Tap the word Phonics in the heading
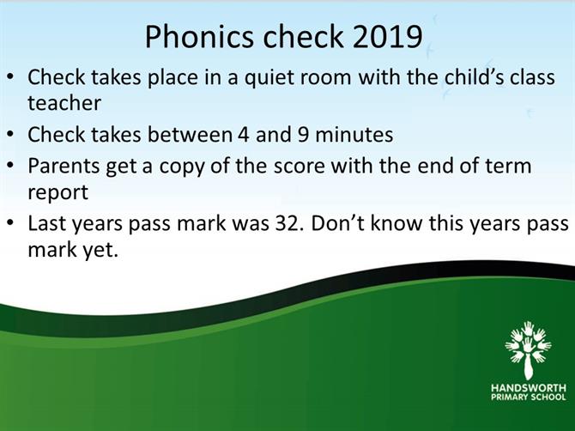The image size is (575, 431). [199, 37]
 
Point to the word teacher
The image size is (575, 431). [64, 103]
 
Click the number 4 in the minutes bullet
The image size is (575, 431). [244, 135]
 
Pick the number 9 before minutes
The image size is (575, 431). [303, 135]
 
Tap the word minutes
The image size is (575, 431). [354, 135]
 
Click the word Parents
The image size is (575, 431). [64, 166]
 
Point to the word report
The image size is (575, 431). [58, 192]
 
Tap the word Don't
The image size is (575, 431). [338, 223]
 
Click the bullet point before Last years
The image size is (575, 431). [11, 223]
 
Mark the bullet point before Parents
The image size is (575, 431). [11, 166]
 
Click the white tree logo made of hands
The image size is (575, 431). [528, 350]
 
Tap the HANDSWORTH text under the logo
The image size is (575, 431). [529, 388]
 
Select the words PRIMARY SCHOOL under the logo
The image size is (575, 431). [529, 397]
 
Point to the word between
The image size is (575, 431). [190, 135]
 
